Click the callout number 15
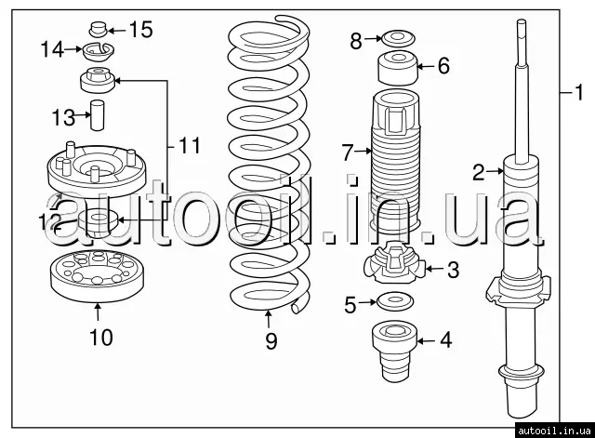point(141,30)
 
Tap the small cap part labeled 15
point(99,30)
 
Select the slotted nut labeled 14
point(99,52)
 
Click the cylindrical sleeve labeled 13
point(97,115)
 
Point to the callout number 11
point(190,145)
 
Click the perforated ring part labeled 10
point(98,275)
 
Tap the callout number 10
point(101,337)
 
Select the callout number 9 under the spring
point(271,341)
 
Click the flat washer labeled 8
point(398,39)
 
